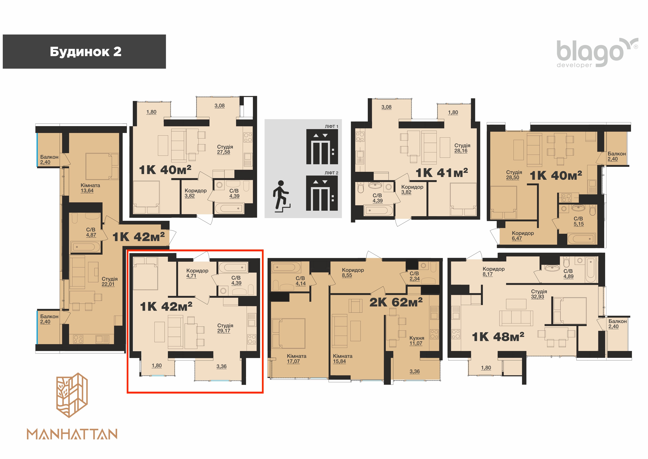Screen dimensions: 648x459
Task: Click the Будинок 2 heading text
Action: pyautogui.click(x=86, y=52)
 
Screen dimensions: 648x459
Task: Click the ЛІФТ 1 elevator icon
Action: pyautogui.click(x=322, y=147)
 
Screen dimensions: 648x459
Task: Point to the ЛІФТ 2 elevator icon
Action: pyautogui.click(x=322, y=193)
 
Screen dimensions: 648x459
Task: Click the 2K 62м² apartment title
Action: pyautogui.click(x=396, y=302)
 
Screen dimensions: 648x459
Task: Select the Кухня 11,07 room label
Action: pyautogui.click(x=417, y=341)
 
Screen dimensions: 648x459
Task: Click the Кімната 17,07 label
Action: pyautogui.click(x=296, y=359)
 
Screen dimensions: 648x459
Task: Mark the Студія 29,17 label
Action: pyautogui.click(x=225, y=328)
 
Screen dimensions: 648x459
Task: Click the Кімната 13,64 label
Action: pyautogui.click(x=90, y=188)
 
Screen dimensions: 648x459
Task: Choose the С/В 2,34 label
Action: pyautogui.click(x=414, y=276)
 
